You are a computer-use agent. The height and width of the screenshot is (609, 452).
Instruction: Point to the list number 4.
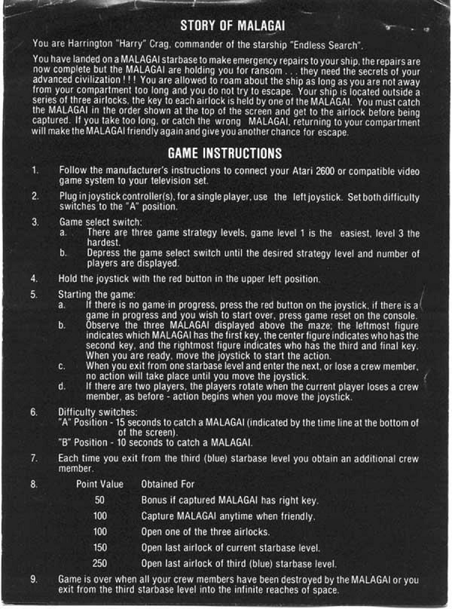point(35,278)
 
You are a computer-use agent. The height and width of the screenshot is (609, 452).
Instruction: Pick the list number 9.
point(35,579)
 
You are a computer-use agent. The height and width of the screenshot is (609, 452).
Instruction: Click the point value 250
point(99,563)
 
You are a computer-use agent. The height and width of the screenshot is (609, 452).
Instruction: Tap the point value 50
point(99,500)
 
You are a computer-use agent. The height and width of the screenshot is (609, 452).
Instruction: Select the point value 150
point(99,547)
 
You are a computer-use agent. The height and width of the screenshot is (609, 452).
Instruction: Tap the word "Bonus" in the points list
point(155,500)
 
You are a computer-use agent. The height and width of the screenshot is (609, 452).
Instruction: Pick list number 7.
point(35,458)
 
